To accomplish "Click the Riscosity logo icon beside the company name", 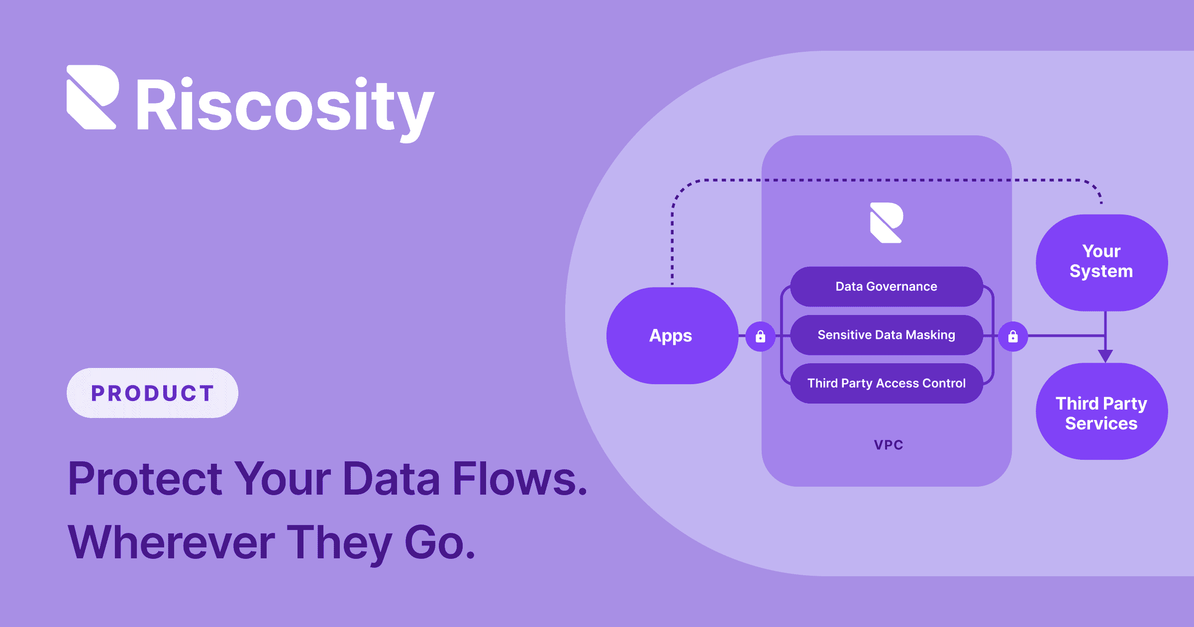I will pos(93,97).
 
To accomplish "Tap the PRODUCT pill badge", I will pos(152,393).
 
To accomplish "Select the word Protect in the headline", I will pos(145,479).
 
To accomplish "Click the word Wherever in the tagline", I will pos(171,542).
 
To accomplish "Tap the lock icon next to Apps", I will pos(760,337).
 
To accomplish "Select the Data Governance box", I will pos(886,287).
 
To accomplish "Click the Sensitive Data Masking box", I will pos(886,335).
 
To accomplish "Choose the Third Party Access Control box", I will pos(886,383).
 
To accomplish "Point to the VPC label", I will pos(889,445).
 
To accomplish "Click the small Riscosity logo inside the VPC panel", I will pos(886,222).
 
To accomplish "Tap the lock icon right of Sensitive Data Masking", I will pos(1013,337).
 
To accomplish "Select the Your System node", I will pos(1101,262).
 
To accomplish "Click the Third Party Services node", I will pos(1101,412).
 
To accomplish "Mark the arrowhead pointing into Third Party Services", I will pos(1105,356).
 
